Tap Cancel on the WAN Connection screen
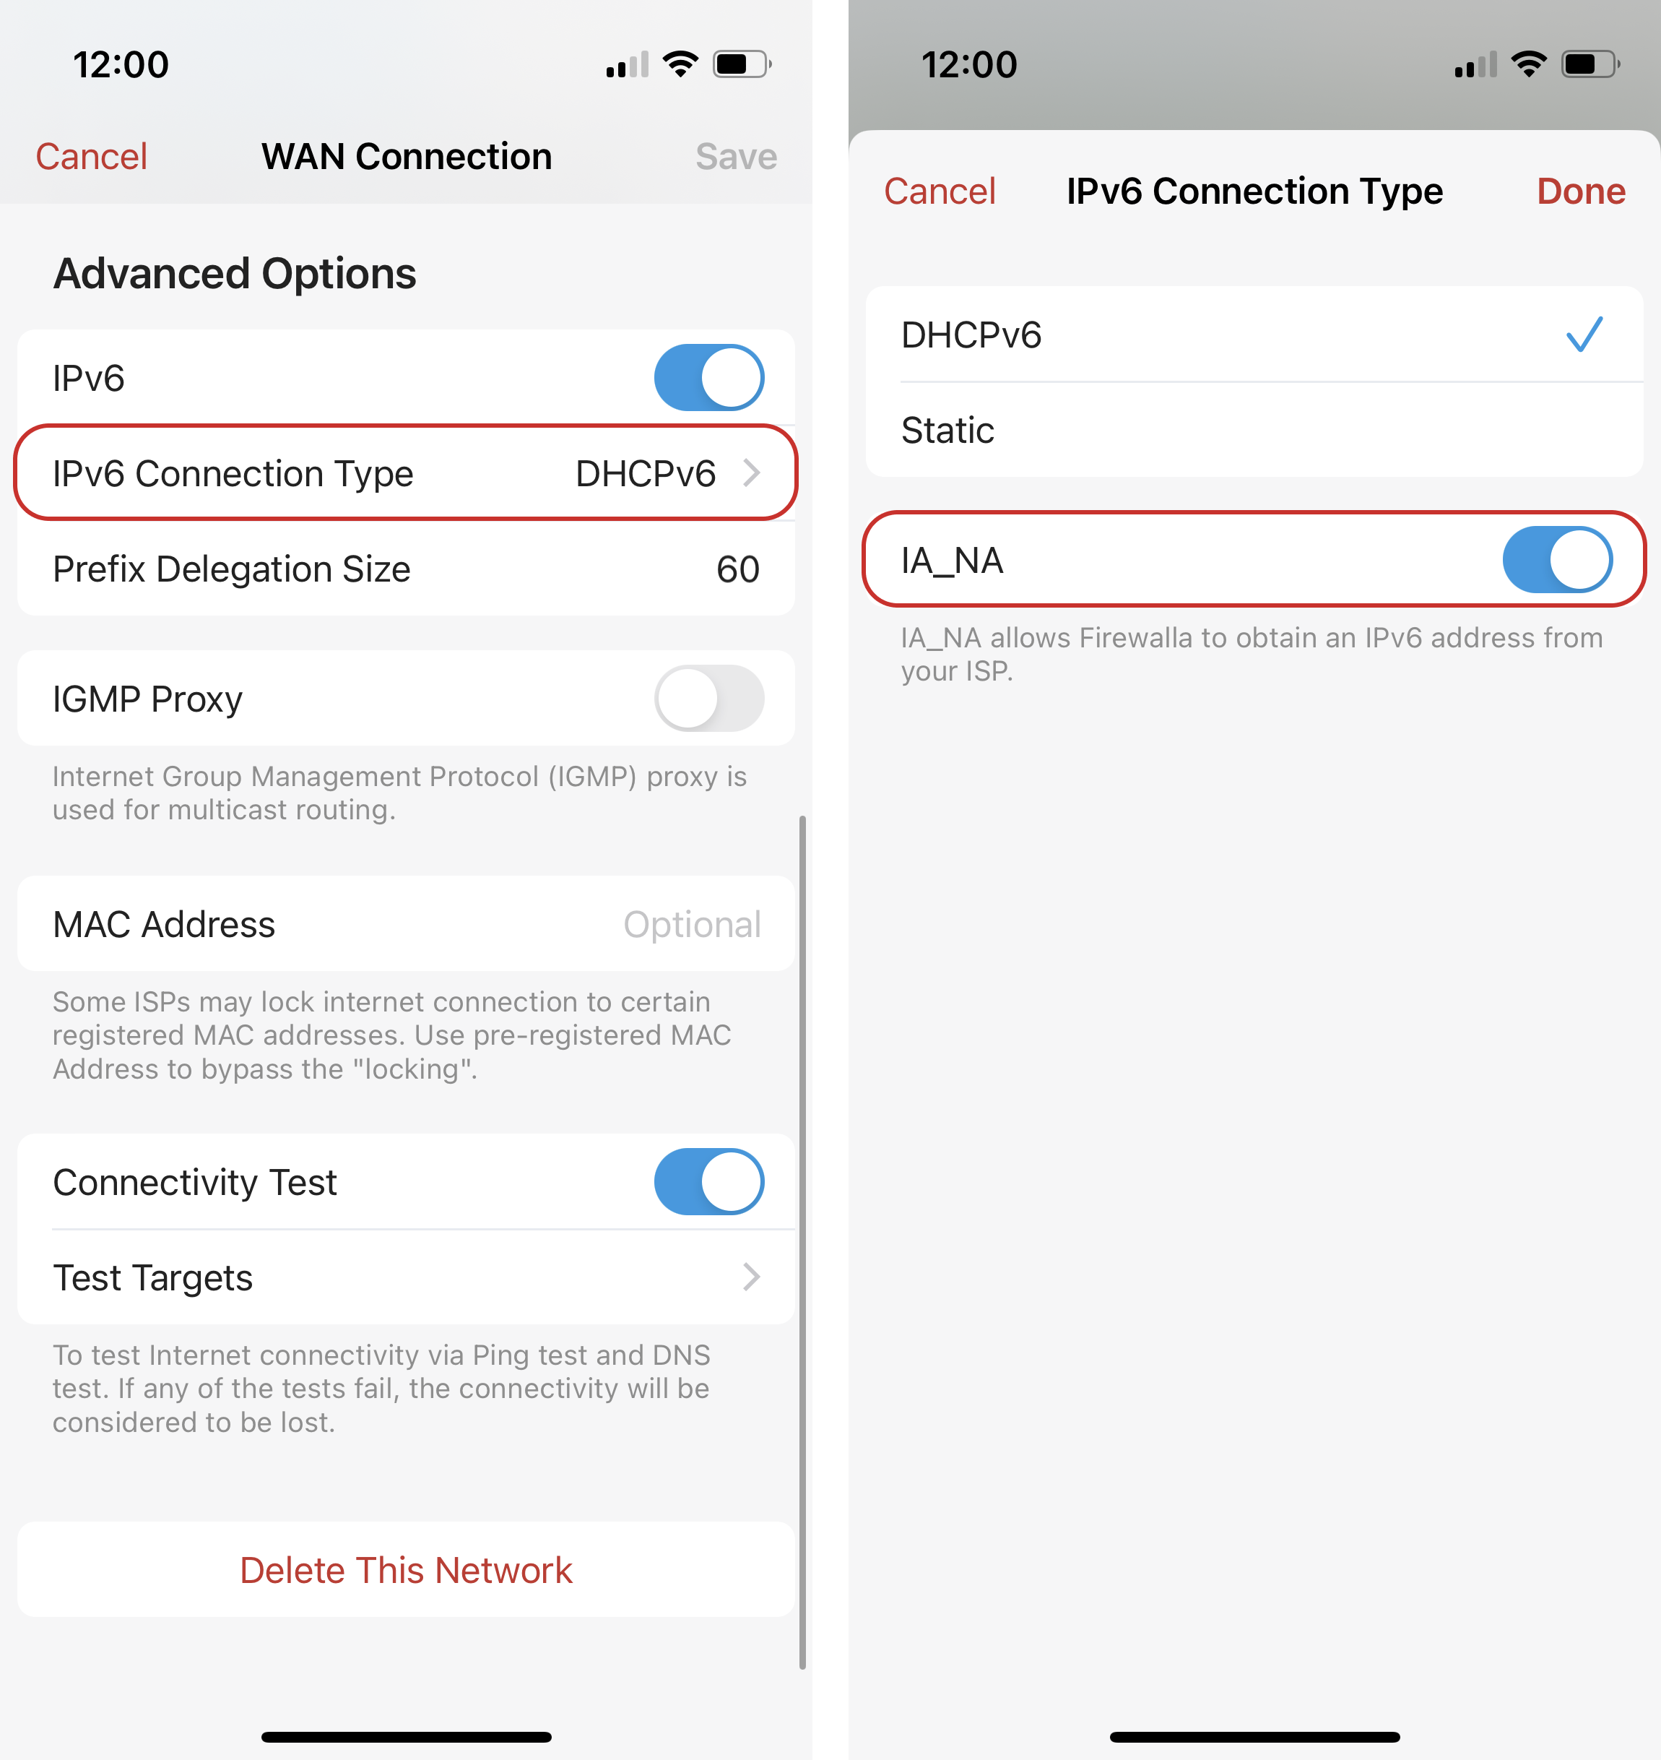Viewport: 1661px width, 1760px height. click(x=91, y=157)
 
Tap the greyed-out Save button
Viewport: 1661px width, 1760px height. click(x=736, y=157)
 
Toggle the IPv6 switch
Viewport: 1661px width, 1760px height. click(x=709, y=377)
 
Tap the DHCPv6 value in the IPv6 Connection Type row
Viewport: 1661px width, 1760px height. click(x=646, y=474)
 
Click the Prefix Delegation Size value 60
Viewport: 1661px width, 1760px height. click(x=737, y=569)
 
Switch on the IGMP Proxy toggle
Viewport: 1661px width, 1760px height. click(x=709, y=698)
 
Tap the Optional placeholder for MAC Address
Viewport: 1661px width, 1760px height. click(x=692, y=925)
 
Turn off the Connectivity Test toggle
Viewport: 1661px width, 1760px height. click(x=709, y=1181)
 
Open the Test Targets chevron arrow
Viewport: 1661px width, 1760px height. click(x=752, y=1277)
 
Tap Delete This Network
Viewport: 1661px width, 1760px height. click(x=407, y=1571)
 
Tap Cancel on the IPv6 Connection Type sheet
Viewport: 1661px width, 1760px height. click(x=940, y=191)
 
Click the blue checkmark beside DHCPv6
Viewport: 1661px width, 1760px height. click(x=1584, y=335)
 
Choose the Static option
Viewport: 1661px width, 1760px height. click(x=947, y=431)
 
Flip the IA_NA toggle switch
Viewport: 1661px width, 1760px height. click(x=1558, y=560)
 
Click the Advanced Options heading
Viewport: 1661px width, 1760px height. click(x=235, y=274)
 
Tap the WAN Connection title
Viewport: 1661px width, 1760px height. click(x=407, y=157)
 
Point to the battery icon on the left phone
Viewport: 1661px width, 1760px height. click(x=742, y=64)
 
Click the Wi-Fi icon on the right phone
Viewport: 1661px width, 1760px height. click(x=1528, y=64)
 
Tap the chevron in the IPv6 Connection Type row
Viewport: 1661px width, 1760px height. click(x=752, y=473)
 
